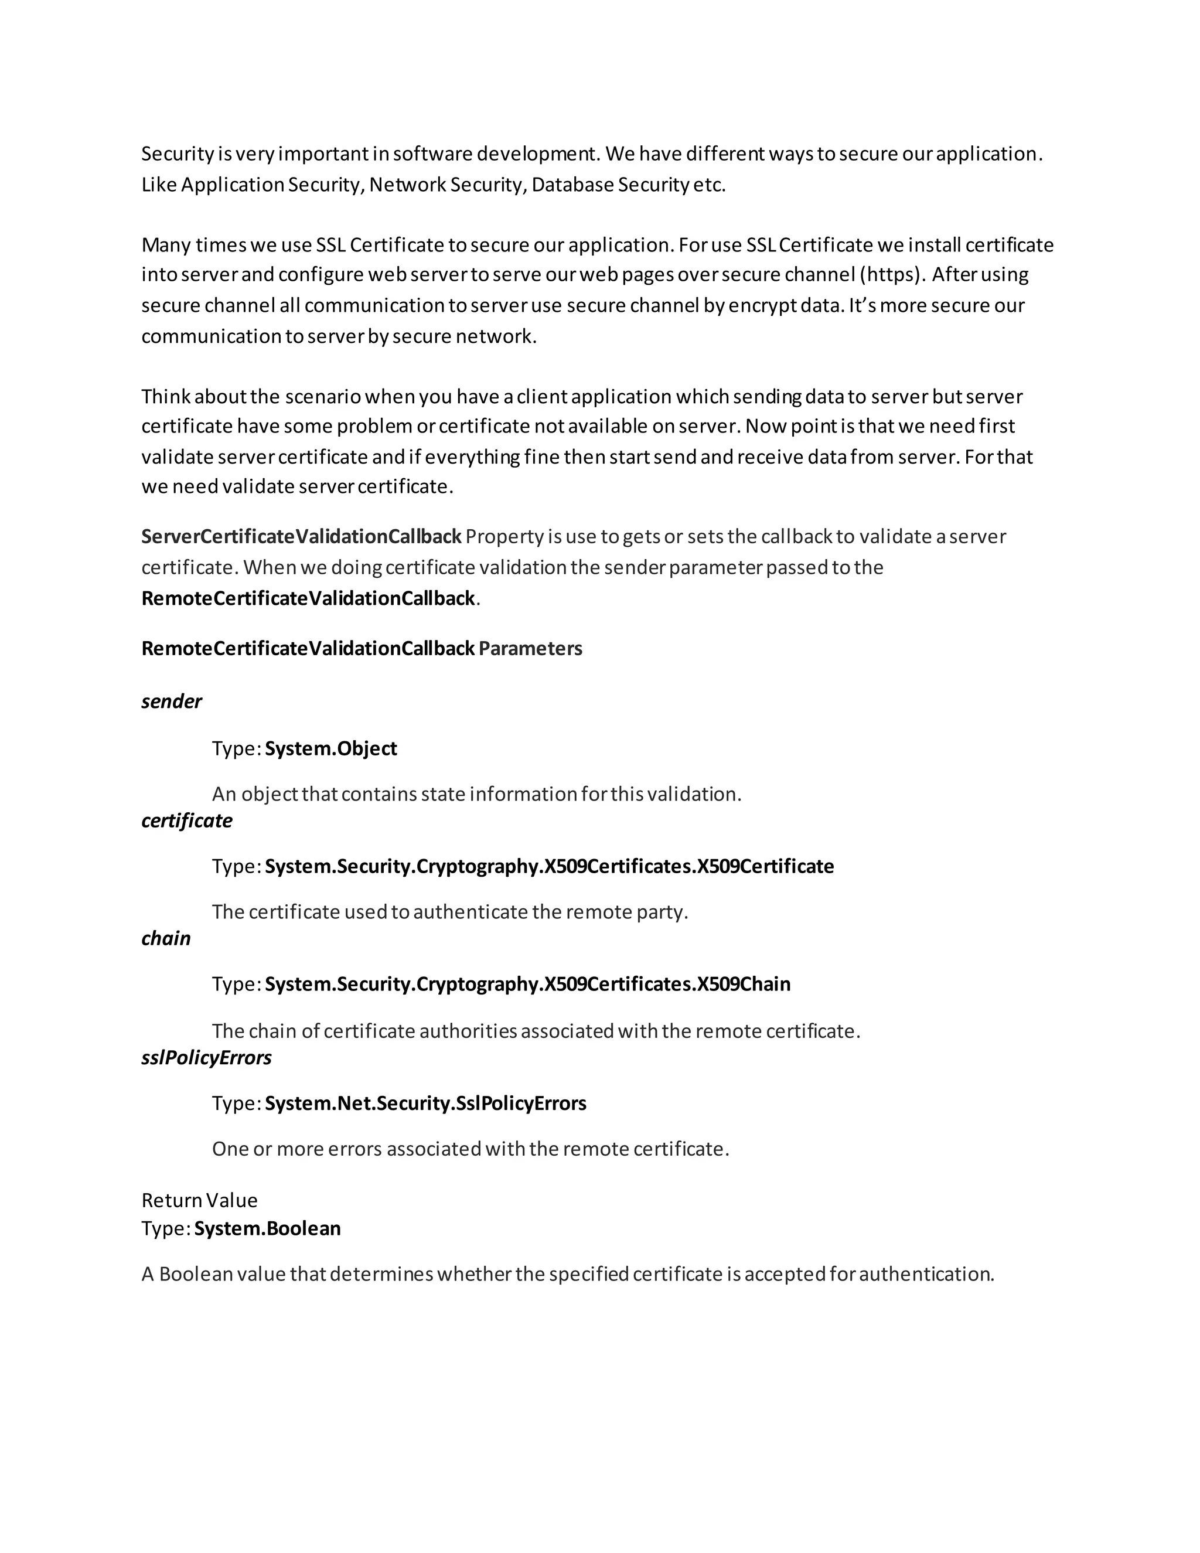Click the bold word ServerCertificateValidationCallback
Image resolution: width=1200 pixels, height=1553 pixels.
pyautogui.click(x=301, y=537)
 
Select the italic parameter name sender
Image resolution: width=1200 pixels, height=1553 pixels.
pyautogui.click(x=171, y=702)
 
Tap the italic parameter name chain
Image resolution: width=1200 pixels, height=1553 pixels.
pyautogui.click(x=166, y=939)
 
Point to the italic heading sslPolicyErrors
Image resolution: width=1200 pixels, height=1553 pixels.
pyautogui.click(x=206, y=1058)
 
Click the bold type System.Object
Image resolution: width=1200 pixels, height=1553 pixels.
pyautogui.click(x=330, y=749)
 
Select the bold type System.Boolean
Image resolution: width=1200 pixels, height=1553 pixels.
pyautogui.click(x=267, y=1229)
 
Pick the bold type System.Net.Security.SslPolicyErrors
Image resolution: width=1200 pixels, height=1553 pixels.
pyautogui.click(x=425, y=1104)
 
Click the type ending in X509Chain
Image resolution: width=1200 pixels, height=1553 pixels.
pyautogui.click(x=527, y=984)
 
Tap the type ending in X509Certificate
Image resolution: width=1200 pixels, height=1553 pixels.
pyautogui.click(x=550, y=866)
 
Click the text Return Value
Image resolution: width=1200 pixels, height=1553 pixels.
pyautogui.click(x=199, y=1200)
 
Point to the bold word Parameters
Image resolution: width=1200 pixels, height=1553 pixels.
pyautogui.click(x=530, y=649)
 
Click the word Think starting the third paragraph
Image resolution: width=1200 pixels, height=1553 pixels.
pyautogui.click(x=166, y=396)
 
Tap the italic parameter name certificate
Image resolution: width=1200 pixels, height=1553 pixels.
pyautogui.click(x=187, y=820)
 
